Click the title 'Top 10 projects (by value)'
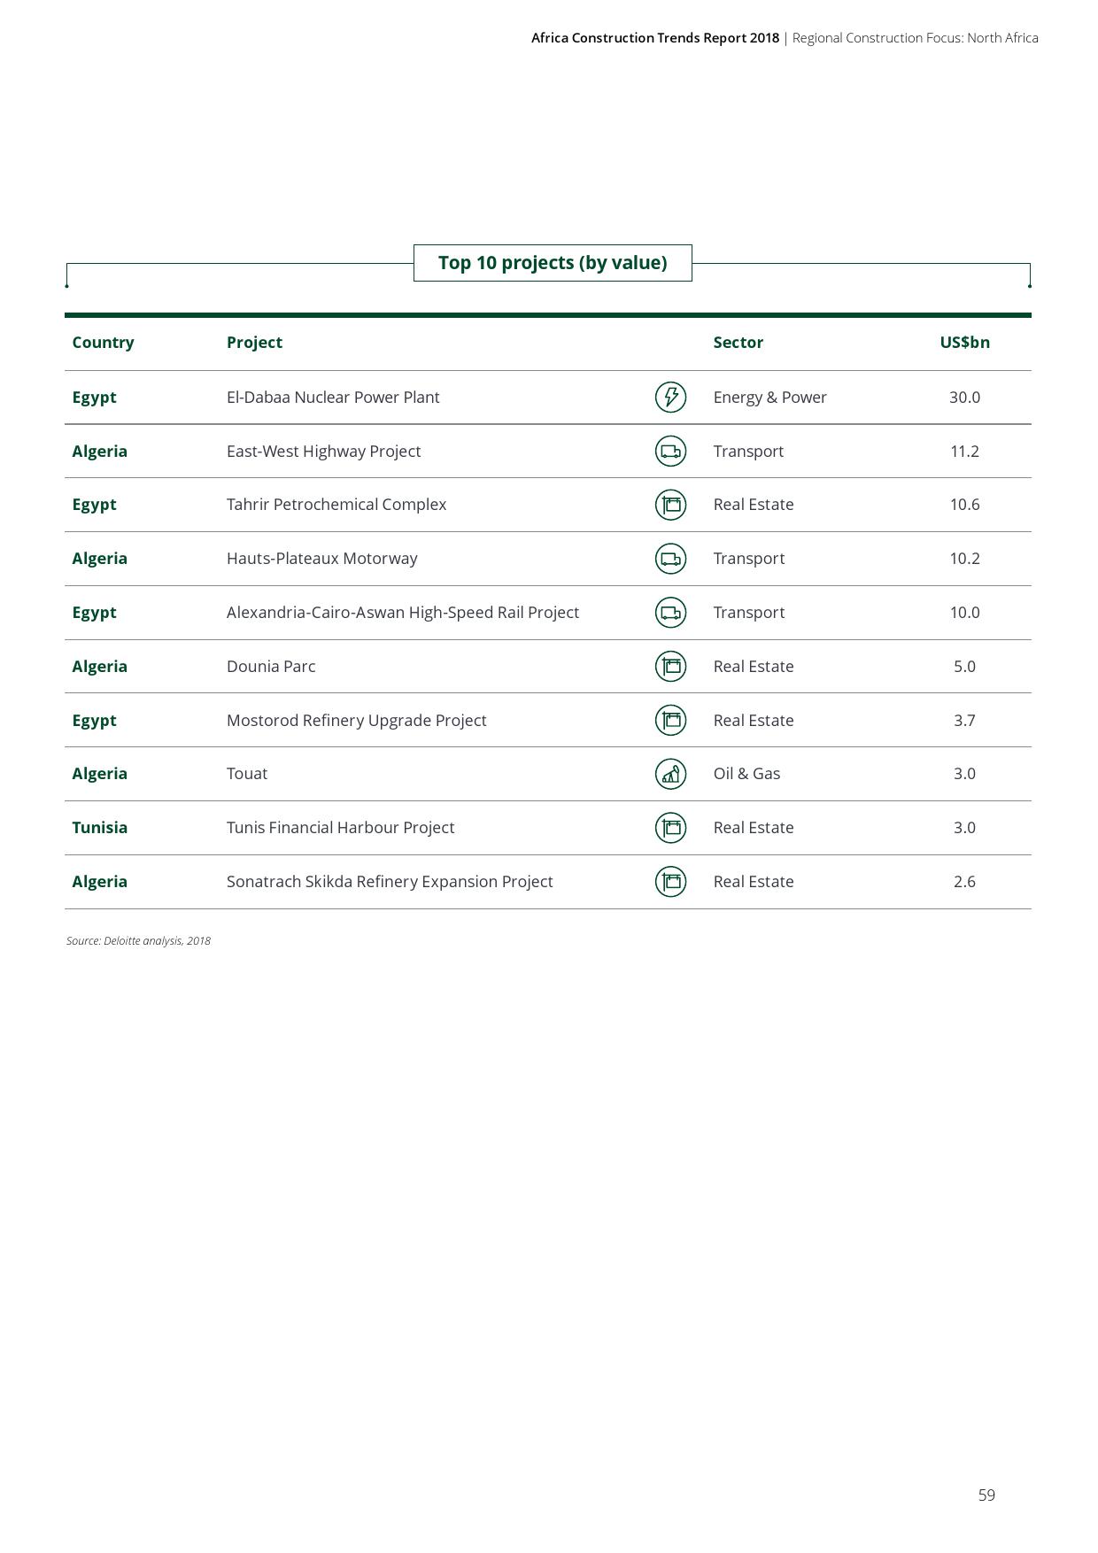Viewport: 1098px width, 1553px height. tap(552, 263)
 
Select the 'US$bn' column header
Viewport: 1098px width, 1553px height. tap(964, 343)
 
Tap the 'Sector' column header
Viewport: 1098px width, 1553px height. tap(738, 343)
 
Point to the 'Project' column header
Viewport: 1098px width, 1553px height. tap(254, 343)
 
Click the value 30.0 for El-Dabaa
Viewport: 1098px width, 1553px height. tap(964, 398)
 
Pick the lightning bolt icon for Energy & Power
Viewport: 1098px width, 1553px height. tap(670, 397)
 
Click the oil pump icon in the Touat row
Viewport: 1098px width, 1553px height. tap(670, 774)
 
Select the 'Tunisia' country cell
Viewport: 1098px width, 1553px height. tap(99, 828)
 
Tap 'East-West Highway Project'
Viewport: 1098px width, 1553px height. tap(323, 452)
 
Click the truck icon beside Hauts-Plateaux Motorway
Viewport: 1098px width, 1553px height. tap(670, 559)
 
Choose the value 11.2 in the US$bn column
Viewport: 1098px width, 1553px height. tap(964, 452)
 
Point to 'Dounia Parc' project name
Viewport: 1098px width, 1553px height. tap(270, 667)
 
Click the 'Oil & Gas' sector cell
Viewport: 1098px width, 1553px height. tap(746, 774)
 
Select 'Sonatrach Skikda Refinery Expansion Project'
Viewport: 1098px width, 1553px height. tap(390, 882)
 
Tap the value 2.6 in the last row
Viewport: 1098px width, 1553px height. tap(964, 882)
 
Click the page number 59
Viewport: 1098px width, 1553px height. tap(986, 1495)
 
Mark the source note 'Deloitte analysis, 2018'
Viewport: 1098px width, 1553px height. tap(138, 941)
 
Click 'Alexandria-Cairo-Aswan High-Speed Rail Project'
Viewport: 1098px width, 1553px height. tap(403, 613)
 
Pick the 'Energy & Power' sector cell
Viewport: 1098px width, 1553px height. tap(769, 398)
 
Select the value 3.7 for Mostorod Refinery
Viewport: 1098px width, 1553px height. tap(964, 721)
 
